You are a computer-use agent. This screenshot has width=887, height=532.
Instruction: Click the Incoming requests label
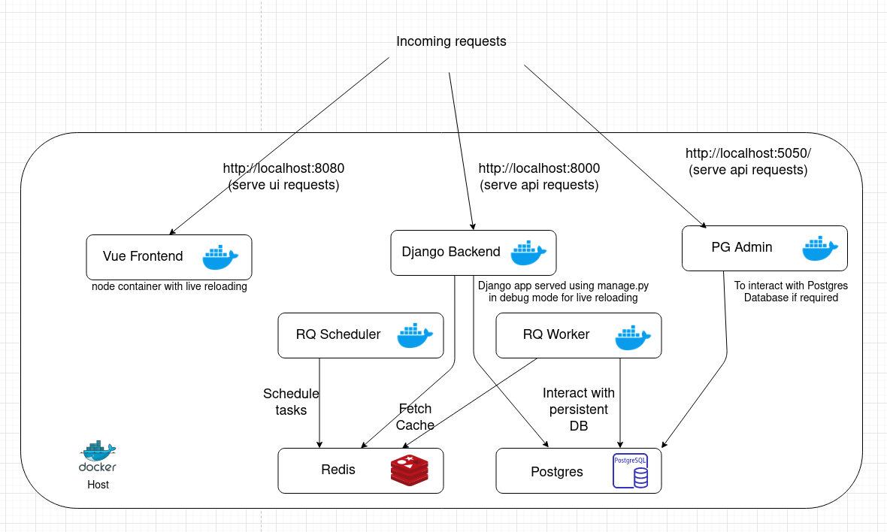click(x=451, y=41)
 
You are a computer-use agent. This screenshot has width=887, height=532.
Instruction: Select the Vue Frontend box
click(x=168, y=257)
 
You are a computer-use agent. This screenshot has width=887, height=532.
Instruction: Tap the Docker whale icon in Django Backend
click(x=529, y=253)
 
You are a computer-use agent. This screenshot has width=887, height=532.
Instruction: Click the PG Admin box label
click(x=741, y=247)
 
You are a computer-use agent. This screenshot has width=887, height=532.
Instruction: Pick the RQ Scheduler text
click(x=338, y=334)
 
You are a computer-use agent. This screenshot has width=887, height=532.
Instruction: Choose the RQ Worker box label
click(x=556, y=334)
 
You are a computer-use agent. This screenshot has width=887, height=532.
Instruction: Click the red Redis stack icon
click(x=409, y=471)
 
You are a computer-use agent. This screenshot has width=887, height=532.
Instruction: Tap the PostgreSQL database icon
click(x=631, y=471)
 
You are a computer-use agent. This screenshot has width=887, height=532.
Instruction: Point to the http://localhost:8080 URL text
click(x=283, y=168)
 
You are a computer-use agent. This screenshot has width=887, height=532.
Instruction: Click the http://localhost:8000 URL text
click(x=539, y=168)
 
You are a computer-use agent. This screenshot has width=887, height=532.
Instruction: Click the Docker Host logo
click(x=98, y=457)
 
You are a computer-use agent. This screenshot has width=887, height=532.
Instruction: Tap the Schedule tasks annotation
click(x=291, y=401)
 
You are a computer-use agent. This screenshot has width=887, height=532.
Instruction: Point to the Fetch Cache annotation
click(x=415, y=416)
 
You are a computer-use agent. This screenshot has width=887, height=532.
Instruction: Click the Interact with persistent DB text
click(x=578, y=409)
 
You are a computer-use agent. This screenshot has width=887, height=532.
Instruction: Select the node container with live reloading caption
click(x=169, y=286)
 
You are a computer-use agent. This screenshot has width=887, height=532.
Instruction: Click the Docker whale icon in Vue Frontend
click(x=220, y=257)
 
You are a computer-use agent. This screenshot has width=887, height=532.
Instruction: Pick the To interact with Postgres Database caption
click(x=791, y=292)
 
